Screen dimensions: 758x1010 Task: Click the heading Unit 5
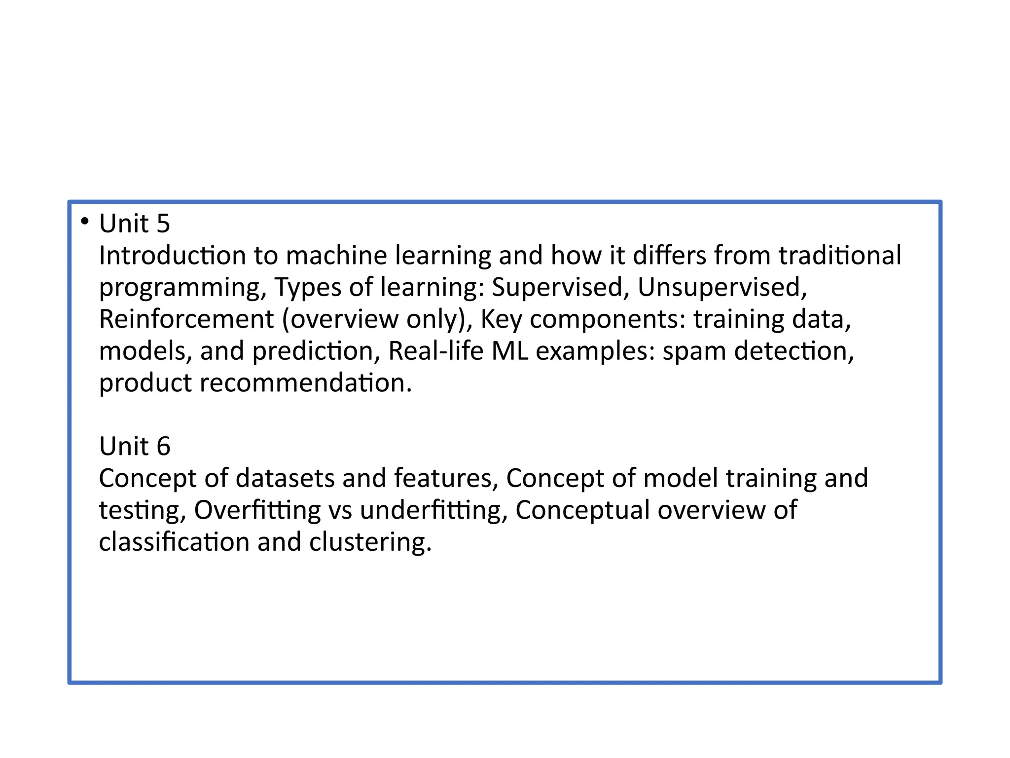(135, 224)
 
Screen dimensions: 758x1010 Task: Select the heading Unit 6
(135, 446)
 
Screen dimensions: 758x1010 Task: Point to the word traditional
(840, 256)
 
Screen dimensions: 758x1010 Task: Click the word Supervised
(557, 287)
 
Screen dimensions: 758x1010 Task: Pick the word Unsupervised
(721, 287)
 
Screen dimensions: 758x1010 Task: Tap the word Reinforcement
(186, 319)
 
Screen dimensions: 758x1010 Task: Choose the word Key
(501, 320)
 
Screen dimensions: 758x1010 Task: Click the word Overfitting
(257, 510)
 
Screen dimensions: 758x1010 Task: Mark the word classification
(174, 542)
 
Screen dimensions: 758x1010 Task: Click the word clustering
(370, 542)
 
